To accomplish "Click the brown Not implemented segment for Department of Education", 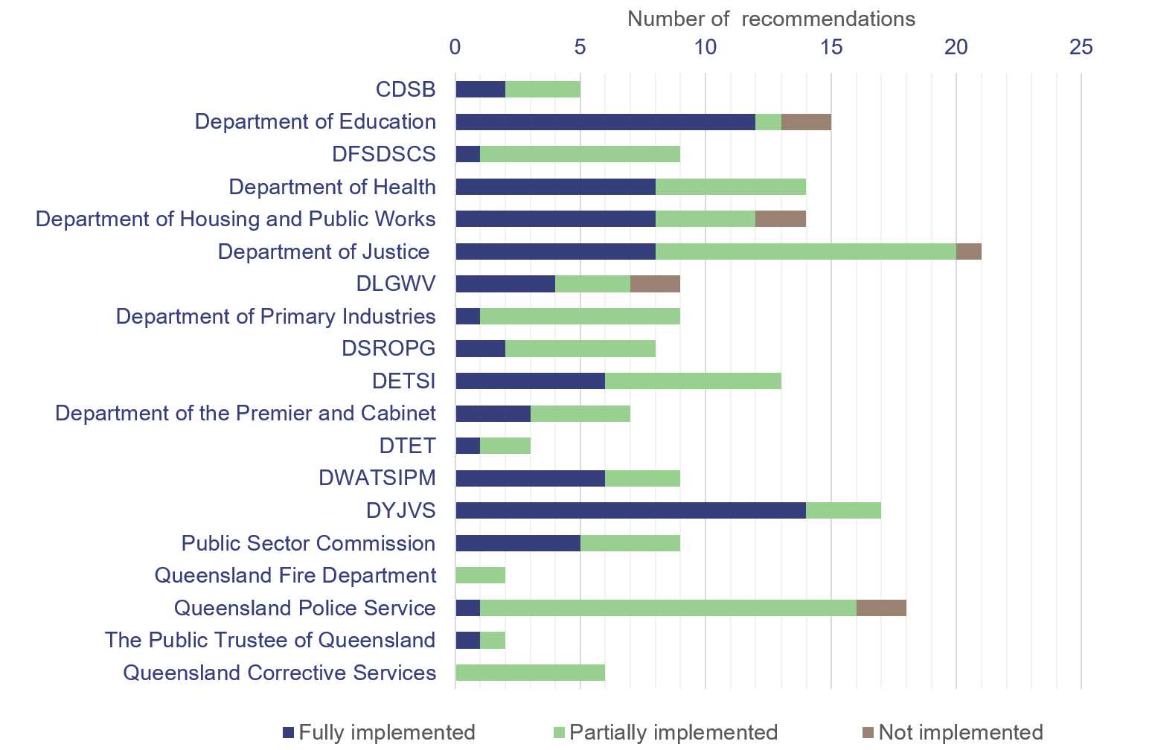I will click(x=806, y=122).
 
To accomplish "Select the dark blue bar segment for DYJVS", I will click(x=630, y=510).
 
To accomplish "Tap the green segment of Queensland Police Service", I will click(x=668, y=608).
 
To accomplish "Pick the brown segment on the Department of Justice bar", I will click(x=969, y=251).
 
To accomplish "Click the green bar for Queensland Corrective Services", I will click(x=530, y=673).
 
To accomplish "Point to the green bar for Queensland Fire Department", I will click(x=480, y=575).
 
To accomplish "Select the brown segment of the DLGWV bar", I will click(x=655, y=283).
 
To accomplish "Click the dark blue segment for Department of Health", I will click(x=555, y=187).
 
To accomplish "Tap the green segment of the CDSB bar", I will click(x=543, y=89).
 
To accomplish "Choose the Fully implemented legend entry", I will click(x=379, y=732).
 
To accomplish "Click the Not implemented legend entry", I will click(x=953, y=732).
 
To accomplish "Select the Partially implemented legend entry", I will click(x=666, y=732).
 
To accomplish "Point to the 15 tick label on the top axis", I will click(x=831, y=47).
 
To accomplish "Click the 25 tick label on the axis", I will click(x=1081, y=47).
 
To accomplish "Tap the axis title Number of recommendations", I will click(x=771, y=19).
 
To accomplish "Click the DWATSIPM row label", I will click(x=377, y=478).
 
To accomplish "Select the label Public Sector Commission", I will click(x=308, y=543).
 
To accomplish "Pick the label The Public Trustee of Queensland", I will click(x=270, y=640).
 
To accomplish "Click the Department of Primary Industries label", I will click(x=275, y=316).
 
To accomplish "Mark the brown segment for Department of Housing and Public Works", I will click(x=781, y=219).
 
